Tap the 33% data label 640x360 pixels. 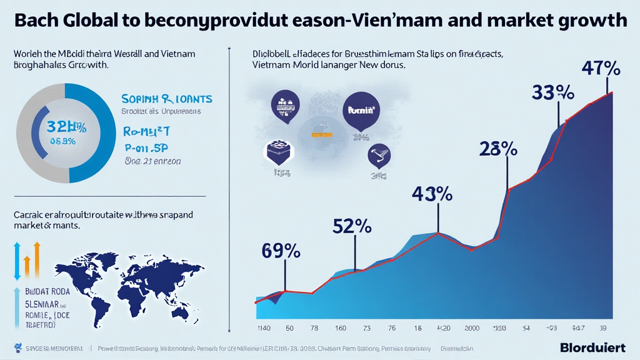[x=552, y=92]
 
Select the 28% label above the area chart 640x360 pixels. [x=498, y=149]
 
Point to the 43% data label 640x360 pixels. [x=432, y=194]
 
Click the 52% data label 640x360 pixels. [x=352, y=226]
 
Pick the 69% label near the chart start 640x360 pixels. [x=281, y=252]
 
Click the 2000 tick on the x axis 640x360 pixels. [x=469, y=327]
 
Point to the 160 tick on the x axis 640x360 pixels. [x=340, y=327]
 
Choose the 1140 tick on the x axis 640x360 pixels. [x=263, y=327]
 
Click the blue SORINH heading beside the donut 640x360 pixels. [x=166, y=99]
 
